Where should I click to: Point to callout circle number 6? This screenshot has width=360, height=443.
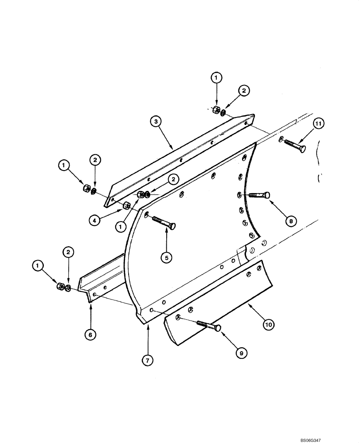coord(90,335)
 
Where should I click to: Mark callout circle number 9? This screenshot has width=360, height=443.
coord(241,352)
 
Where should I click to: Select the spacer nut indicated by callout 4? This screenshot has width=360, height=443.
coord(126,205)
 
